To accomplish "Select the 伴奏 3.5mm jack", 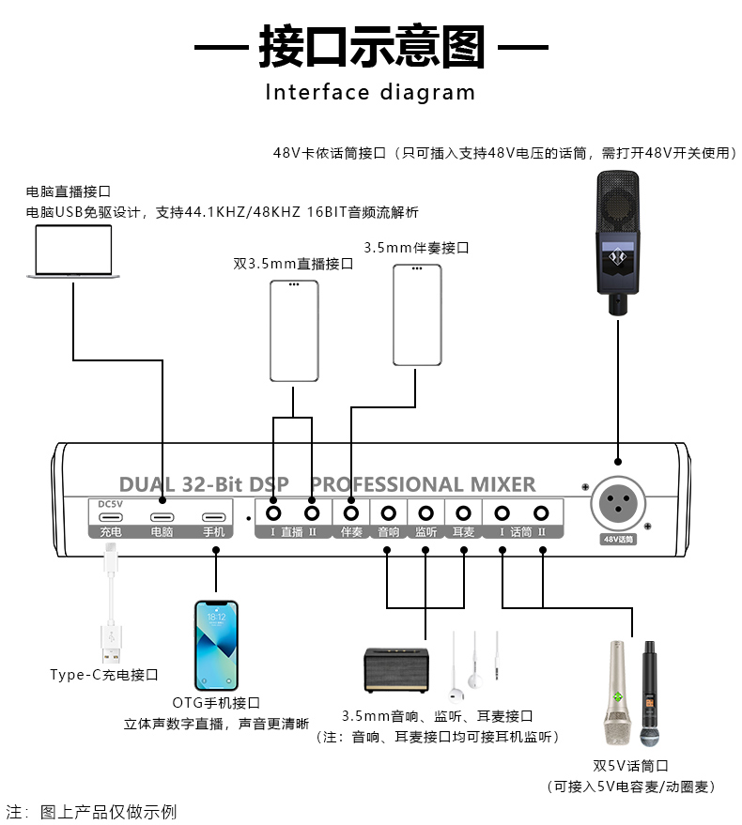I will click(x=352, y=513).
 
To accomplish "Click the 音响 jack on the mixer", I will click(x=388, y=513).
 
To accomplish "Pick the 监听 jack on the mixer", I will click(x=425, y=513).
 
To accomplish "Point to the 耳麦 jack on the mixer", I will click(x=463, y=513).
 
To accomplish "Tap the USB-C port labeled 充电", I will click(x=111, y=517).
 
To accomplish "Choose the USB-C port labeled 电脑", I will click(x=162, y=517).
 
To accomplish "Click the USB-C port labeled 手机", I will click(x=215, y=517).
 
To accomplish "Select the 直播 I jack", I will click(x=274, y=513).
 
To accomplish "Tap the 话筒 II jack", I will click(x=541, y=513).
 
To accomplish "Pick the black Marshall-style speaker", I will click(x=396, y=669).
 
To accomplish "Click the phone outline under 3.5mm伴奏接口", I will click(x=417, y=314).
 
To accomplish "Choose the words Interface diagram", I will click(x=370, y=92).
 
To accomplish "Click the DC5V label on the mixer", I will click(x=111, y=503).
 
